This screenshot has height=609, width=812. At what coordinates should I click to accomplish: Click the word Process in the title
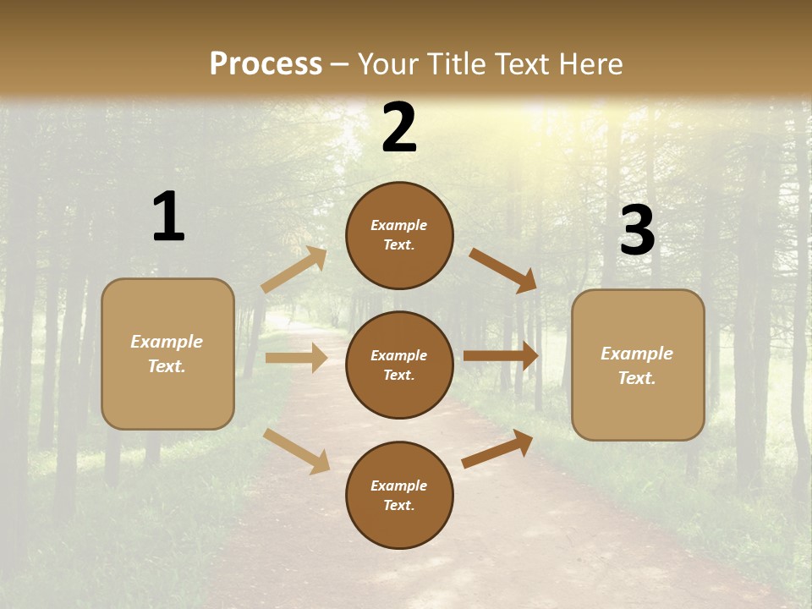click(266, 63)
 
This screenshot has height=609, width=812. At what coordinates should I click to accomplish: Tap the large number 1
click(168, 217)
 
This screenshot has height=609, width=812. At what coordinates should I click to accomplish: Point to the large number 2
click(399, 128)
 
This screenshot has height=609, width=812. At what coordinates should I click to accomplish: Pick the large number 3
click(637, 231)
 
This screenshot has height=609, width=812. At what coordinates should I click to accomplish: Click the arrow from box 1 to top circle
click(294, 270)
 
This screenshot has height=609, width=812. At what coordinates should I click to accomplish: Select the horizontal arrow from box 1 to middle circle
click(296, 358)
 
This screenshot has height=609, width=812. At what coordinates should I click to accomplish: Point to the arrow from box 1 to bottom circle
click(297, 450)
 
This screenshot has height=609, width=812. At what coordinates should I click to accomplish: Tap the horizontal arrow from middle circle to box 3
click(501, 356)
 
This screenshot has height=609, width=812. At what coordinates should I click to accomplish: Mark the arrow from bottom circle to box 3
click(497, 449)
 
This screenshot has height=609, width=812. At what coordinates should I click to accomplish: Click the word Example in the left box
click(167, 342)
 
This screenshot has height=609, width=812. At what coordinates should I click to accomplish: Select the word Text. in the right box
click(637, 378)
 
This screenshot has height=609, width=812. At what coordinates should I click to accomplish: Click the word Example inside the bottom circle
click(399, 486)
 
